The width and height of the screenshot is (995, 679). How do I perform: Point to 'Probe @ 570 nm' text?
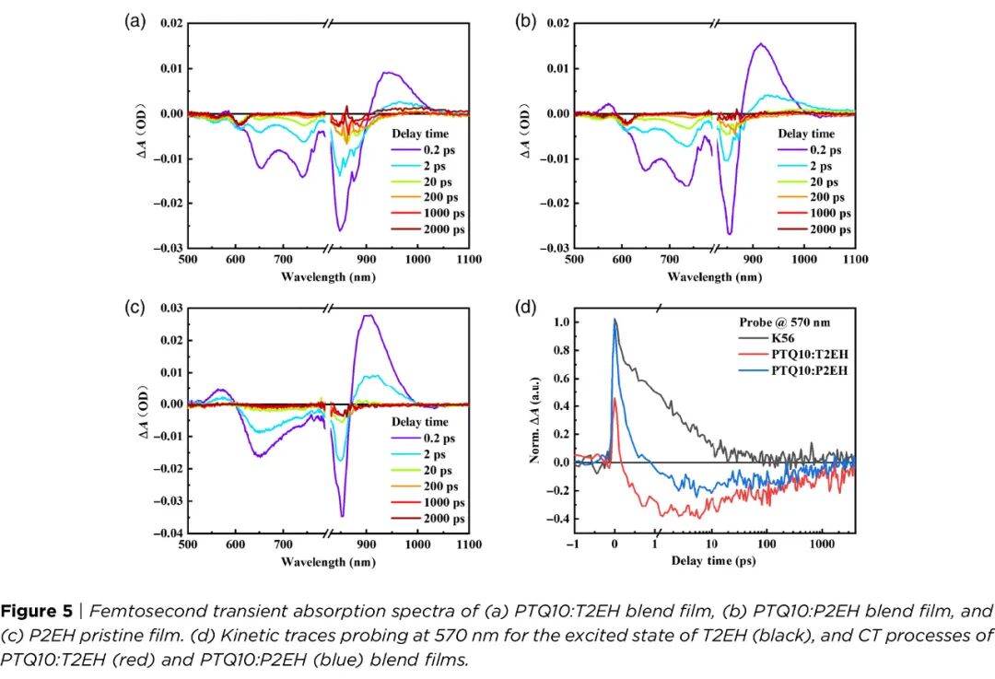tap(783, 322)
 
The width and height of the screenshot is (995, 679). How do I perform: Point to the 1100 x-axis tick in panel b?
tap(856, 261)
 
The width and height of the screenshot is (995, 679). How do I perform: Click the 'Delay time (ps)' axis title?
tap(713, 561)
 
